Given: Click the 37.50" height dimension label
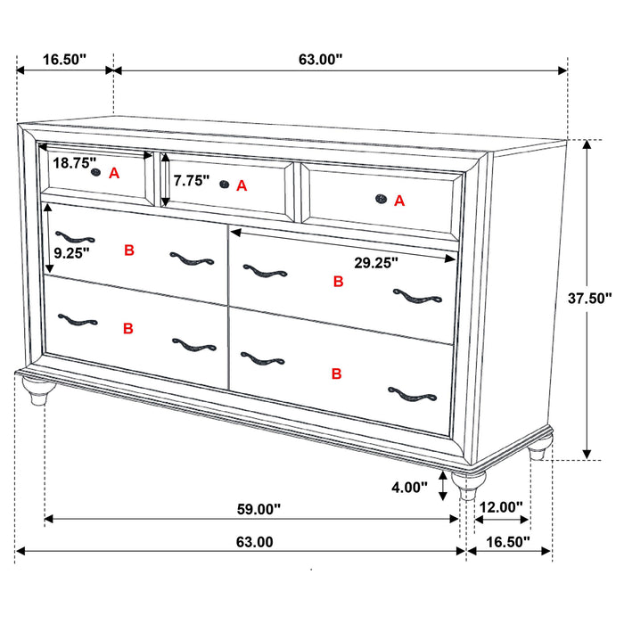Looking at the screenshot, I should coord(589,300).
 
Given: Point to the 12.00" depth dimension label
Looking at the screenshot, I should coord(500,507).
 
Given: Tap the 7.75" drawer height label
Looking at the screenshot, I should coord(191,180).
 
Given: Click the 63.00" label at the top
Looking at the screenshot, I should coord(320,60).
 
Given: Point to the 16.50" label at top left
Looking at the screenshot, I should coord(64,60).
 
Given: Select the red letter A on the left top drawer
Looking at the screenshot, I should coord(114,174).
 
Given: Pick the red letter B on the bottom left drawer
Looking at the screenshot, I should coord(127,328).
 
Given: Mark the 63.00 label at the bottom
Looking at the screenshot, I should coord(254,541).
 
